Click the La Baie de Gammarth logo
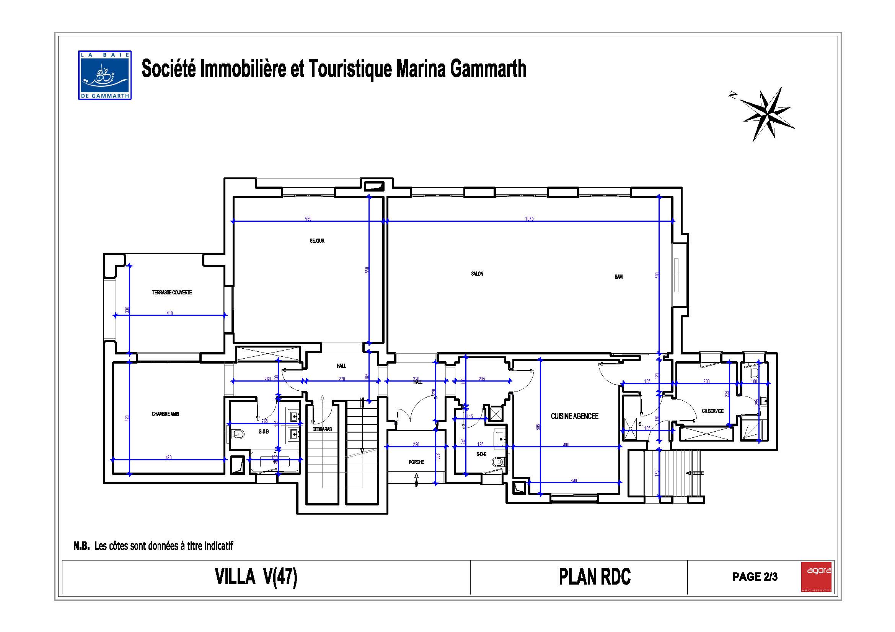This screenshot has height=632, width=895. pos(104,75)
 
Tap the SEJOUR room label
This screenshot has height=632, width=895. pos(317,241)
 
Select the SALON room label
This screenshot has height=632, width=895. pos(477,274)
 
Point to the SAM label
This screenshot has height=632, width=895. pos(619,277)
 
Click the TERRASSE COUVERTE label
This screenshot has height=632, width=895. pos(172,292)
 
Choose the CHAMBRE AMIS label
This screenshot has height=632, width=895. pos(166,414)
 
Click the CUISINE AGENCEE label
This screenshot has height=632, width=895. pos(574,416)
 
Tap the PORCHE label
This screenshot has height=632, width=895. pos(416,462)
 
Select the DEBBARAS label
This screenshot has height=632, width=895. pos(322,429)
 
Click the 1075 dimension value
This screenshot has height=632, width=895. pos(529,219)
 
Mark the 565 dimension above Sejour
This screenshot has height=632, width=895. pos(308,219)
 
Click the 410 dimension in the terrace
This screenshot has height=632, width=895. pos(170,313)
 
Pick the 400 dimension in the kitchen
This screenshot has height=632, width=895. pos(566,445)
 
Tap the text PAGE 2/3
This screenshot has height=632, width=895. pos(755,577)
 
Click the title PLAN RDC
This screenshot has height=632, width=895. pos(595,577)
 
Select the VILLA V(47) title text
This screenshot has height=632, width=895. pos(256,577)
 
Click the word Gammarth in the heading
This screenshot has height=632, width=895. pos(488,69)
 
